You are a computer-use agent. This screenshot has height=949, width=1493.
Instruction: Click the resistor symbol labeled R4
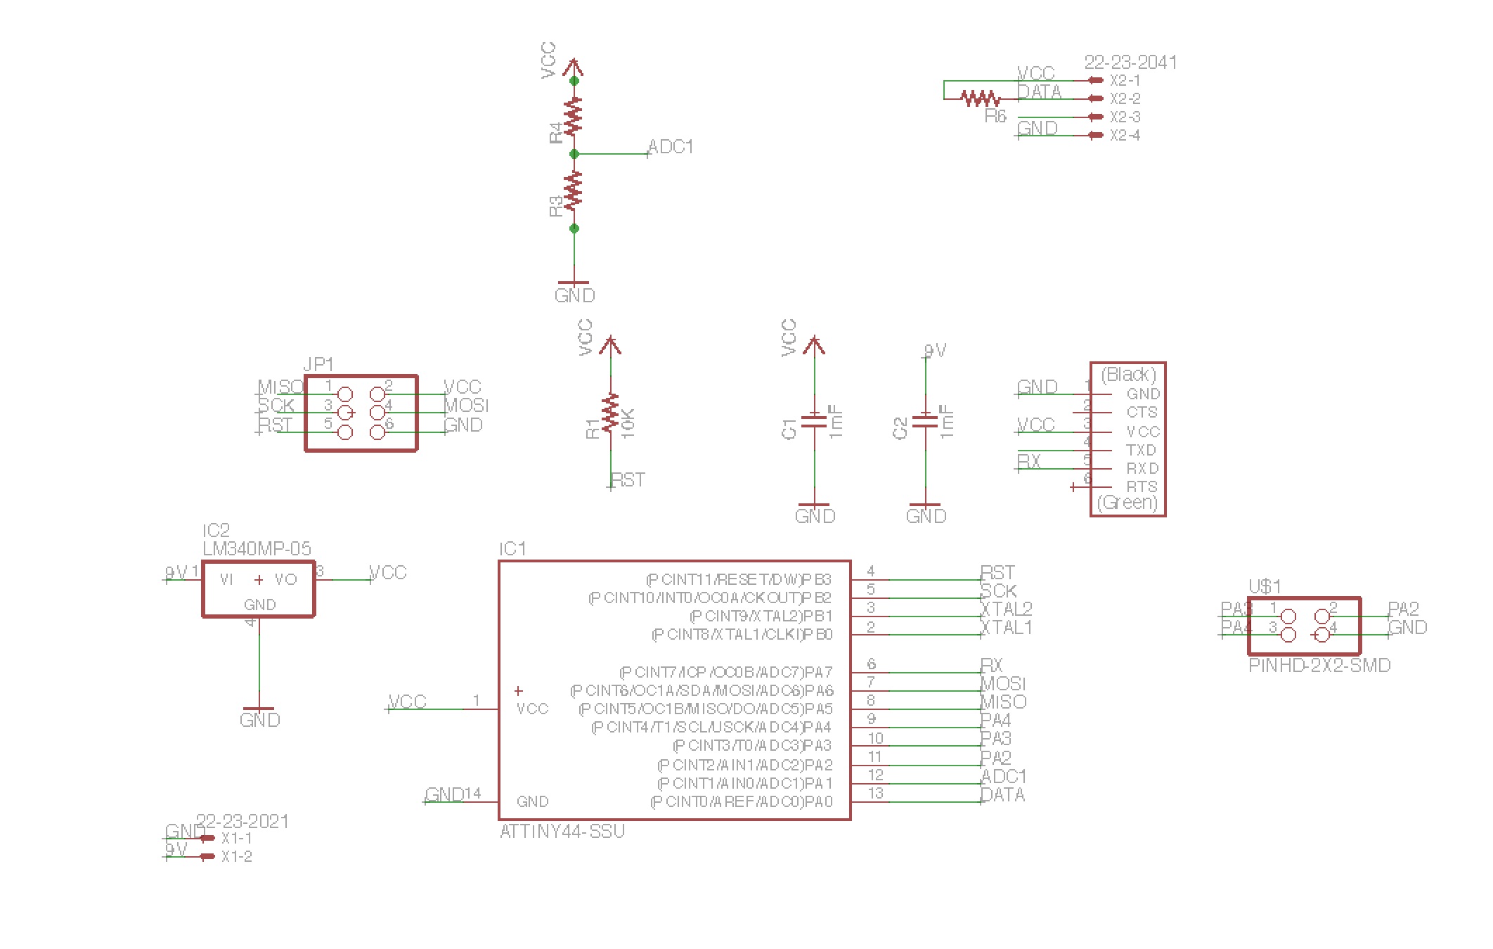click(x=574, y=117)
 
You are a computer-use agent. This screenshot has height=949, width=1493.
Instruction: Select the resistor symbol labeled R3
click(x=574, y=190)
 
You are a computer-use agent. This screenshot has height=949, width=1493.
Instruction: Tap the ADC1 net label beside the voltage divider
click(x=671, y=147)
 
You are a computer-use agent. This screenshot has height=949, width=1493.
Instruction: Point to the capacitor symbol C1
click(x=814, y=421)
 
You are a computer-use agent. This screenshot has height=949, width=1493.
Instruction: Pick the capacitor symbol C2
click(x=925, y=421)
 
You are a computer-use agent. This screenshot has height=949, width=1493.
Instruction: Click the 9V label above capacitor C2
click(x=935, y=350)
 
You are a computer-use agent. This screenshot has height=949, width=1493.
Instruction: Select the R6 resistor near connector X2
click(x=980, y=98)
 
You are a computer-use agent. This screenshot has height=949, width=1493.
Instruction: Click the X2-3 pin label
click(x=1125, y=117)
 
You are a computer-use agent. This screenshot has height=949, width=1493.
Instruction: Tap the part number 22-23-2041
click(x=1130, y=63)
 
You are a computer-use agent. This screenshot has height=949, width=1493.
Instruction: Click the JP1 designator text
click(x=318, y=364)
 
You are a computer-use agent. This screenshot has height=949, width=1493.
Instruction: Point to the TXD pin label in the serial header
click(x=1141, y=450)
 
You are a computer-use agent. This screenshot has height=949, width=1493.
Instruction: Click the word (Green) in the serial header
click(x=1127, y=503)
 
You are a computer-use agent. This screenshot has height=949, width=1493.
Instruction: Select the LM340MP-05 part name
click(x=257, y=548)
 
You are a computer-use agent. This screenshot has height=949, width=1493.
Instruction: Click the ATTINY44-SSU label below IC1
click(x=562, y=832)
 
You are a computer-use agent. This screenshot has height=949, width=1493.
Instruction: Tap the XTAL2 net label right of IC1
click(x=1006, y=609)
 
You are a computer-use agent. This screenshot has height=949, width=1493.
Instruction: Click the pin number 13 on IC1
click(x=875, y=794)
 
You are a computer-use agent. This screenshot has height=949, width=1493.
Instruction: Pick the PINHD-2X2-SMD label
click(x=1319, y=666)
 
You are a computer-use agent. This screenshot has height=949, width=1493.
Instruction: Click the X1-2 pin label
click(x=236, y=857)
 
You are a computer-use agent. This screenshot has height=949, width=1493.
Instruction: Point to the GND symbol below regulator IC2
click(x=259, y=716)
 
